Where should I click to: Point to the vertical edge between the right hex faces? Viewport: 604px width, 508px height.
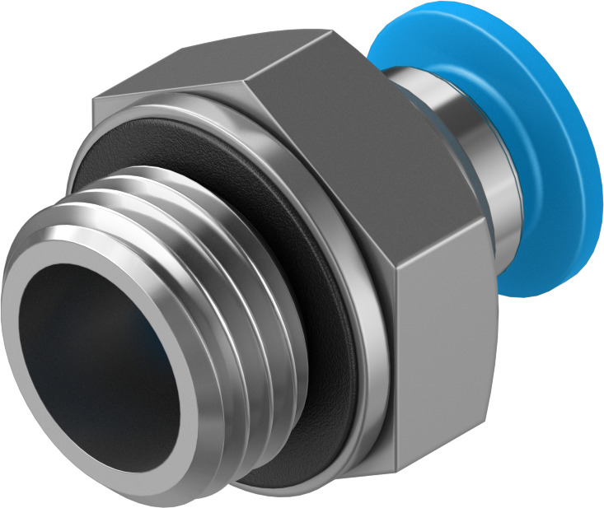398,346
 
